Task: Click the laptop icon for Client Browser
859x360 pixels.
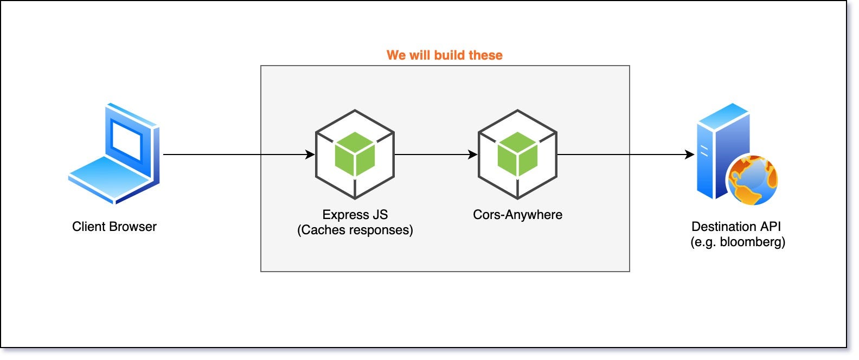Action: tap(114, 153)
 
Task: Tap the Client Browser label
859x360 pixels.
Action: tap(114, 227)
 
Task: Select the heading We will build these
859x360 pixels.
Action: tap(444, 55)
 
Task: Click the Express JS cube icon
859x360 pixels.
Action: tap(355, 155)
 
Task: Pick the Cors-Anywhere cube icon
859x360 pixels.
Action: tap(517, 155)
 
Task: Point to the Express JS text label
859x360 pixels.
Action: tap(355, 215)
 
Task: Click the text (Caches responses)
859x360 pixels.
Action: tap(355, 230)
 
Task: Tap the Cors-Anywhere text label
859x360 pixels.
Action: tap(517, 215)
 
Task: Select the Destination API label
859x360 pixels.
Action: tap(736, 227)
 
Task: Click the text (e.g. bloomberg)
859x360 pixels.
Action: tap(738, 242)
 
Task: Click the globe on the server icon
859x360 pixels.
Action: tap(753, 181)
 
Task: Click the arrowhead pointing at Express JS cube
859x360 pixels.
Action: tap(310, 155)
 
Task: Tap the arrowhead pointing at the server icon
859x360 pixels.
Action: tap(690, 155)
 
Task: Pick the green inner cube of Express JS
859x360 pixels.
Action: tap(355, 154)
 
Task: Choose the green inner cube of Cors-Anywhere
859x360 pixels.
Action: tap(517, 154)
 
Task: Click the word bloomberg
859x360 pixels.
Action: tap(752, 242)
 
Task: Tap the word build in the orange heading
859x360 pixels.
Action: tap(451, 55)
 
